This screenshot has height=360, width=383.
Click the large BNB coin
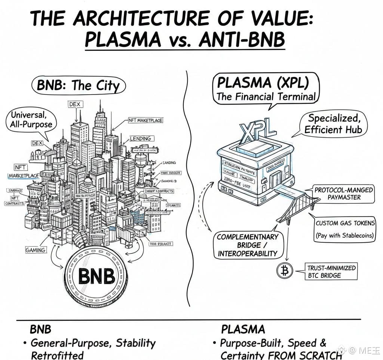click(96, 277)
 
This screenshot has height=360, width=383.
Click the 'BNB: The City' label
click(79, 85)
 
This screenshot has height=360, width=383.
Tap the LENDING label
click(140, 139)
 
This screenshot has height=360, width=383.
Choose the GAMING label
click(36, 250)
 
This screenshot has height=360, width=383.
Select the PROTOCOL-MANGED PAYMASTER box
click(343, 194)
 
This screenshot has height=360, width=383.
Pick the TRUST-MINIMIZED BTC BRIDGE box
click(331, 271)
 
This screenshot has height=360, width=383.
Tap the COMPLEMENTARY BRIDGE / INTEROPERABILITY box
click(247, 245)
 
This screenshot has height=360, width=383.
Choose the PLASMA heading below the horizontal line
click(243, 329)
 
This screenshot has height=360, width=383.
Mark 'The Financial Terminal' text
click(266, 96)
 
